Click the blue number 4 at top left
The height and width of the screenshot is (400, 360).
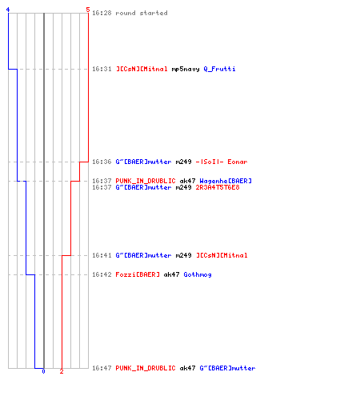coord(8,10)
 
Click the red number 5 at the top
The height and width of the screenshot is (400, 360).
coord(88,10)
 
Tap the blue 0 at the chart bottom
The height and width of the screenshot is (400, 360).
coord(43,371)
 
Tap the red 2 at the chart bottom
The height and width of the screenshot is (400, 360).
coord(62,371)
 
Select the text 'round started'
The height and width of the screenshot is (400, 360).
coord(142,13)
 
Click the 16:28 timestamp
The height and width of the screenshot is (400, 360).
coord(102,13)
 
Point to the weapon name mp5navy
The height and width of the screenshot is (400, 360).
coord(186,70)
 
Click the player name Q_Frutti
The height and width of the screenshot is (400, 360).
coord(219,69)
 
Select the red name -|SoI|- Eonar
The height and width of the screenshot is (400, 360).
coord(222,162)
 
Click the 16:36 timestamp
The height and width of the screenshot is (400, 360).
coord(102,162)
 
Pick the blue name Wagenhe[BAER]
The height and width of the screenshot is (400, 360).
coord(226,181)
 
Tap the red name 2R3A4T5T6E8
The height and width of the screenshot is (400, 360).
coord(218,187)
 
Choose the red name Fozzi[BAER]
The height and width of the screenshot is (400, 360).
coord(138,274)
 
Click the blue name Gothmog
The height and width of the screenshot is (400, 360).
coord(198,274)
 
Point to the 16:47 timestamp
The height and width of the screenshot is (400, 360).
coord(102,368)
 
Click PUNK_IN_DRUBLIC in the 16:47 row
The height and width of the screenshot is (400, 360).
coord(146,368)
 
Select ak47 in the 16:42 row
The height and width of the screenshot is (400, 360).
coord(171,274)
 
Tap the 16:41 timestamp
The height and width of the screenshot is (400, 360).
coord(102,255)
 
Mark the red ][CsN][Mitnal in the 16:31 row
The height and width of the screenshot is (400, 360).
coord(142,69)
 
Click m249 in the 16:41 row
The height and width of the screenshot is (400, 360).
coord(183,255)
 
